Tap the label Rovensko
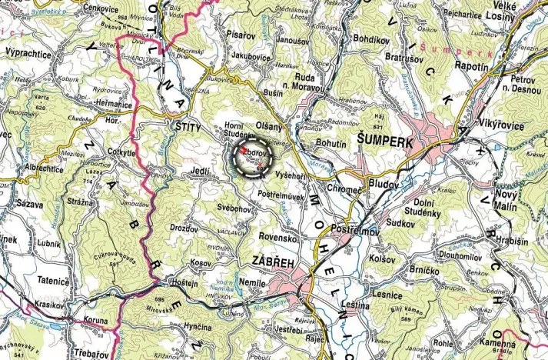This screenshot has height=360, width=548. pos(277,238)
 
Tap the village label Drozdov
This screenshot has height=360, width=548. pos(187,229)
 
